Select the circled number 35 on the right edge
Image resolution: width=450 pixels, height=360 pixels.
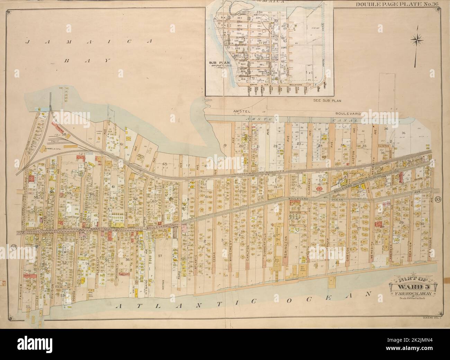click(x=438, y=199)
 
